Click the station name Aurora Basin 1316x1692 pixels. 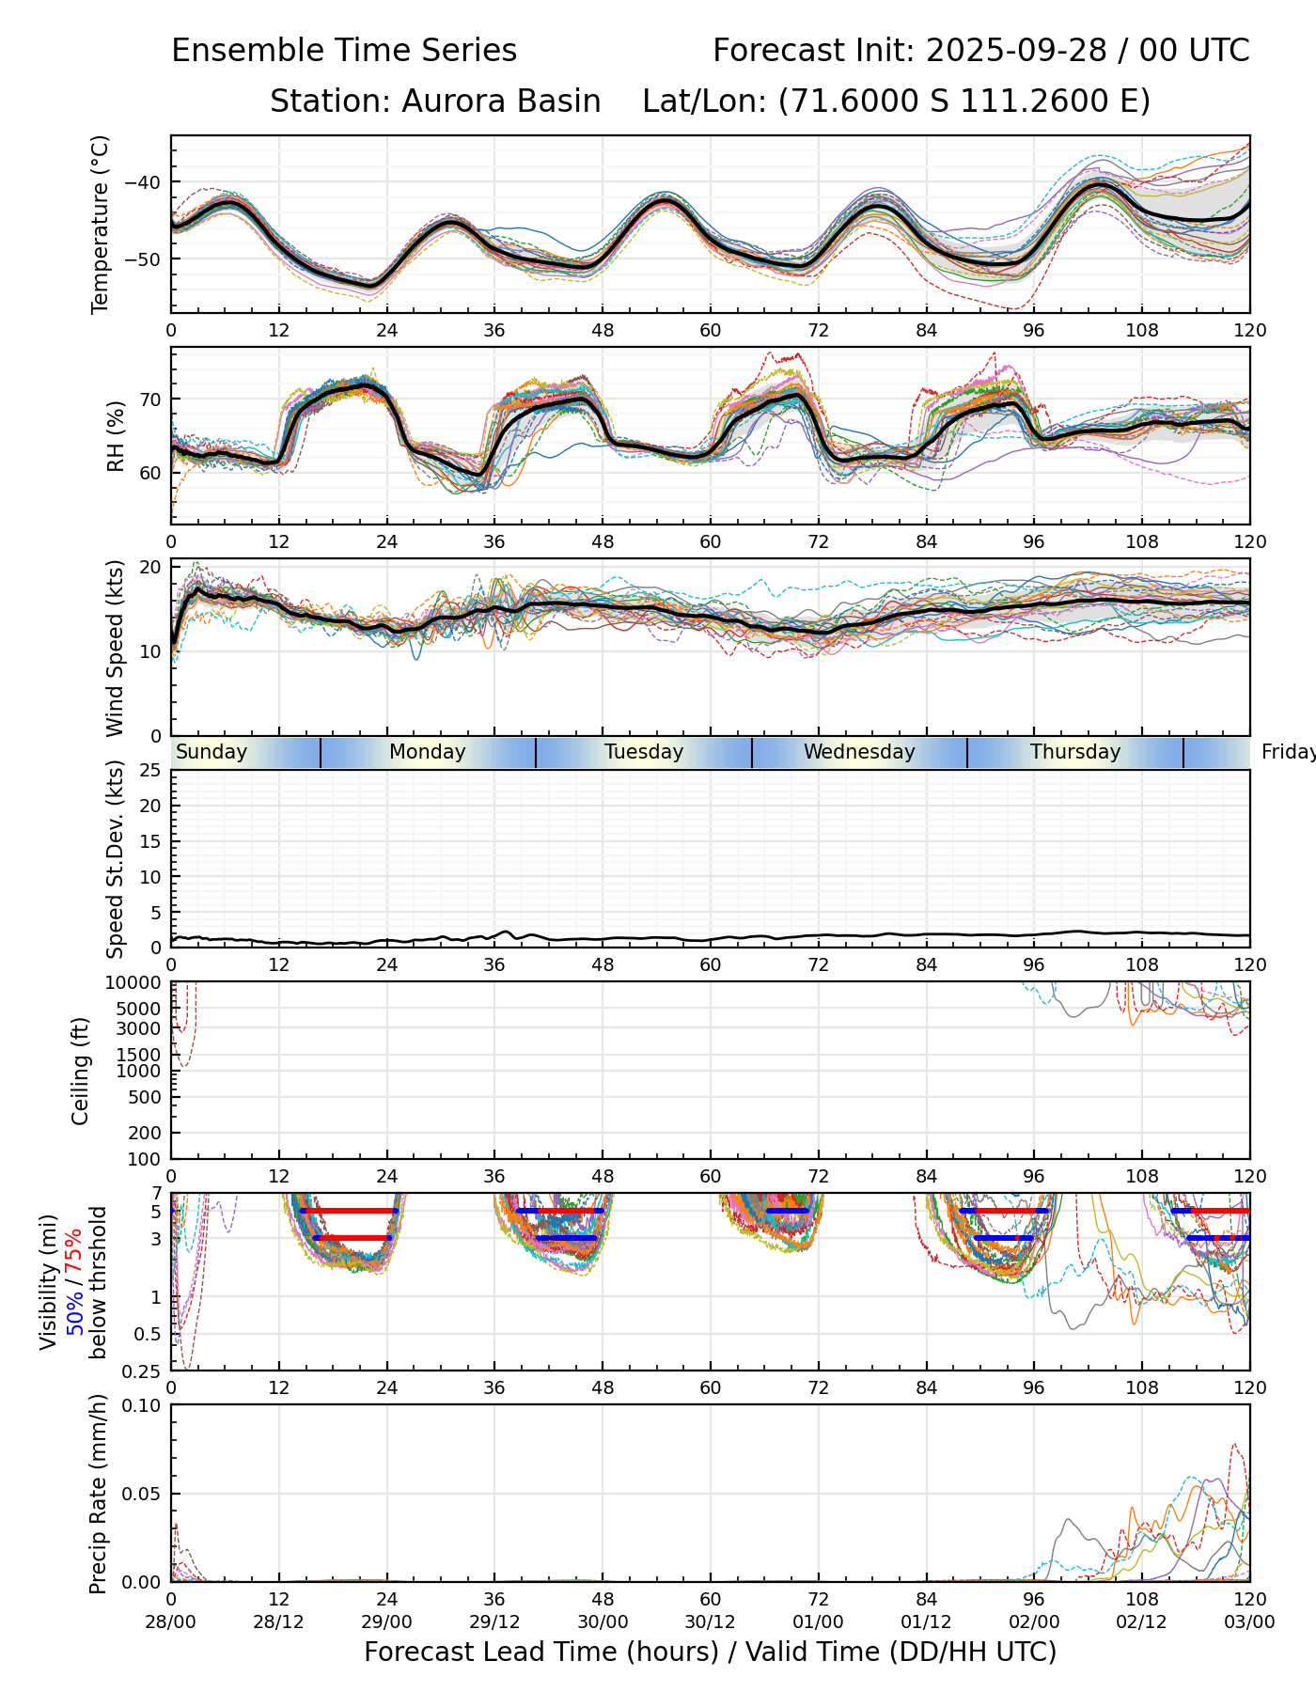click(501, 101)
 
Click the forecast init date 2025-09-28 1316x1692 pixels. click(1016, 50)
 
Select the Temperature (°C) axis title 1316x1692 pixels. click(101, 224)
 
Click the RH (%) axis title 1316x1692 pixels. click(116, 436)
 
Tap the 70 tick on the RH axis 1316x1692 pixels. click(151, 399)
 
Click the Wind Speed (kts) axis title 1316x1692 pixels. click(116, 648)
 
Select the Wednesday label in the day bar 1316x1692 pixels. click(859, 752)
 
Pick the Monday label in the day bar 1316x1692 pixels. click(428, 752)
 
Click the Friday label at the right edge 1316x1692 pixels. click(1288, 752)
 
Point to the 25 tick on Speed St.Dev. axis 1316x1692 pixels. click(151, 771)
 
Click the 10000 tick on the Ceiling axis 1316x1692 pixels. click(136, 983)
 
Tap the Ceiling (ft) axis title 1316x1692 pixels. click(81, 1071)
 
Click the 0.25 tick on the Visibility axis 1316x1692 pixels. click(144, 1371)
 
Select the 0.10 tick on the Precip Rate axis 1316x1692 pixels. click(144, 1405)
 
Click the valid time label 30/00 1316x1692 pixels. click(603, 1622)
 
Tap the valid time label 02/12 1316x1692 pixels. click(1142, 1622)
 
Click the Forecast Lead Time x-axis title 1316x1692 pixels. click(710, 1653)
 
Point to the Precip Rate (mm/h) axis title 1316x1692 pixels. click(98, 1494)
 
